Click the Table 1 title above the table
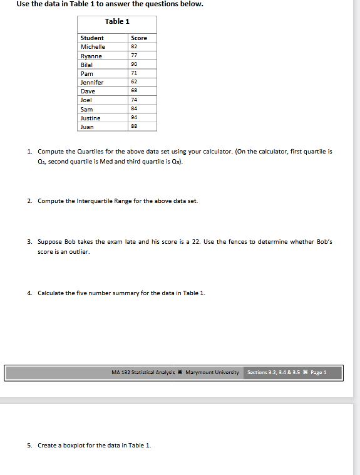pos(117,21)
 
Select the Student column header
pos(92,38)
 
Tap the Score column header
pos(139,38)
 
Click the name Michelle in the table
pos(93,47)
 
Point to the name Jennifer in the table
pos(92,82)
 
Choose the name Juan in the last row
pos(87,127)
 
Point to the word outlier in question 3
pos(81,252)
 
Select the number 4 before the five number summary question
pos(29,293)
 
